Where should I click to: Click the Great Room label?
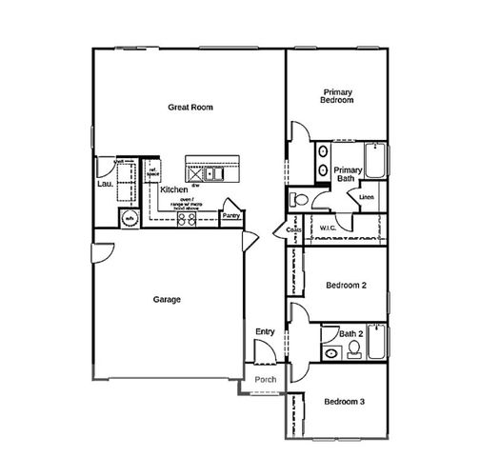(x=190, y=108)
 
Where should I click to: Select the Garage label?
(x=167, y=299)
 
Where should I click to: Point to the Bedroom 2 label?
(x=345, y=285)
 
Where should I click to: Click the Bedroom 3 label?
(x=345, y=402)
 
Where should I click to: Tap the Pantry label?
(x=230, y=216)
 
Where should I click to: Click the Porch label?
(x=267, y=379)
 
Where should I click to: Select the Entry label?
(x=265, y=331)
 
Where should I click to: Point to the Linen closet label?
(x=366, y=197)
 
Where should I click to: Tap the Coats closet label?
(x=293, y=230)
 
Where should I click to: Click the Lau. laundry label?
(x=105, y=186)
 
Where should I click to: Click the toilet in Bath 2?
(x=354, y=350)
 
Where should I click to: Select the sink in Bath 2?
(x=331, y=352)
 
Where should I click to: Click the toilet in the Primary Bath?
(x=298, y=199)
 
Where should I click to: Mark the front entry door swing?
(x=270, y=350)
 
